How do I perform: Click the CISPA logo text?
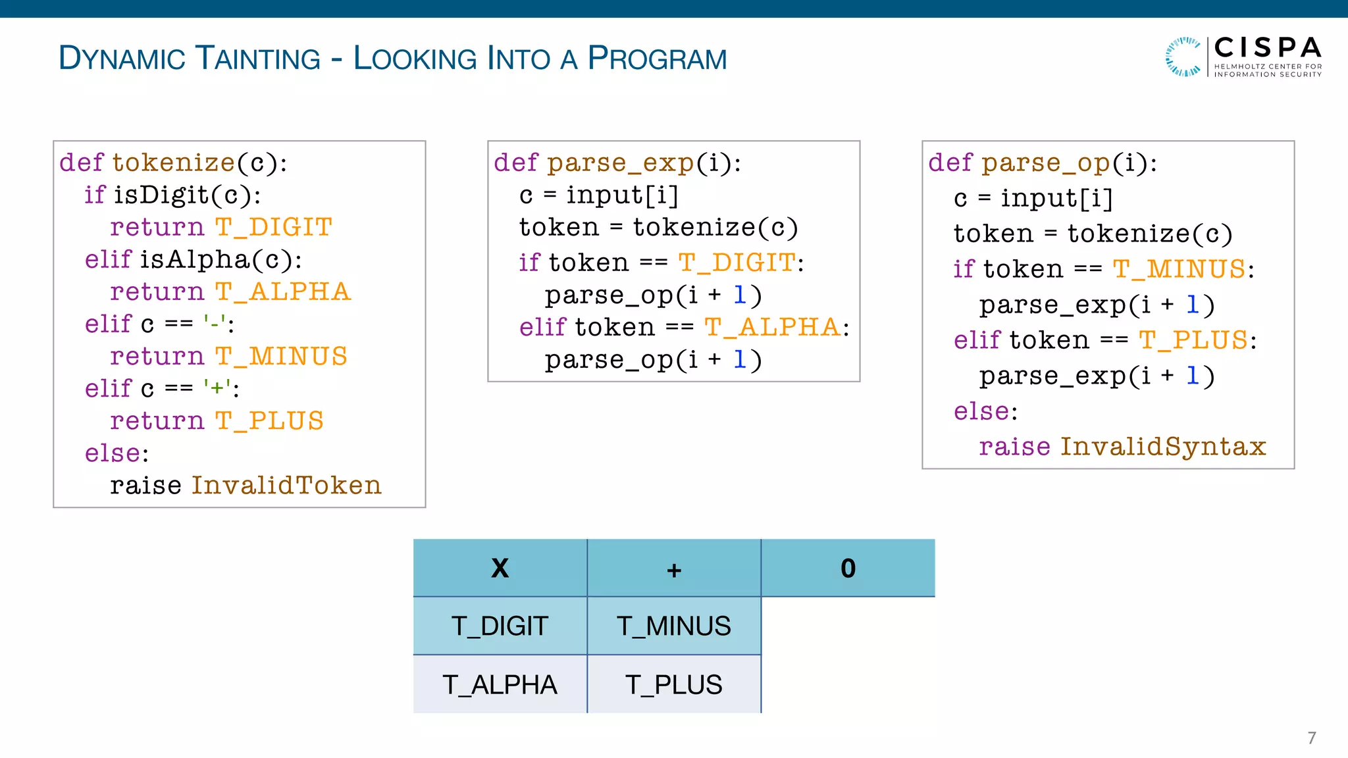(x=1267, y=48)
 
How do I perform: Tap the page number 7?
(x=1311, y=738)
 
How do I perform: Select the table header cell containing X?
(x=500, y=568)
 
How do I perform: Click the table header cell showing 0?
(x=848, y=568)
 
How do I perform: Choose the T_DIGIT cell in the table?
(x=500, y=626)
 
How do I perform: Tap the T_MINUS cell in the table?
(x=673, y=626)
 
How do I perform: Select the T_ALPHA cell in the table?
(x=500, y=684)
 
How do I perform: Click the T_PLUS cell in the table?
(x=673, y=684)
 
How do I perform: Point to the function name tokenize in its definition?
(x=173, y=163)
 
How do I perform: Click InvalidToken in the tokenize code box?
(x=286, y=485)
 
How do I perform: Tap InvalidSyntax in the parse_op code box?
(x=1163, y=446)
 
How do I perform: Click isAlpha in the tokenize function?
(x=194, y=259)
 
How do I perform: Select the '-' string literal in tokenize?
(x=215, y=324)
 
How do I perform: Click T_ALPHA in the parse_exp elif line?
(x=772, y=327)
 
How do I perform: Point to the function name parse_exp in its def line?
(x=621, y=163)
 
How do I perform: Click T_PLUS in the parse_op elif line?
(x=1193, y=340)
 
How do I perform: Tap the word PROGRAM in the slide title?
(x=657, y=58)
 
